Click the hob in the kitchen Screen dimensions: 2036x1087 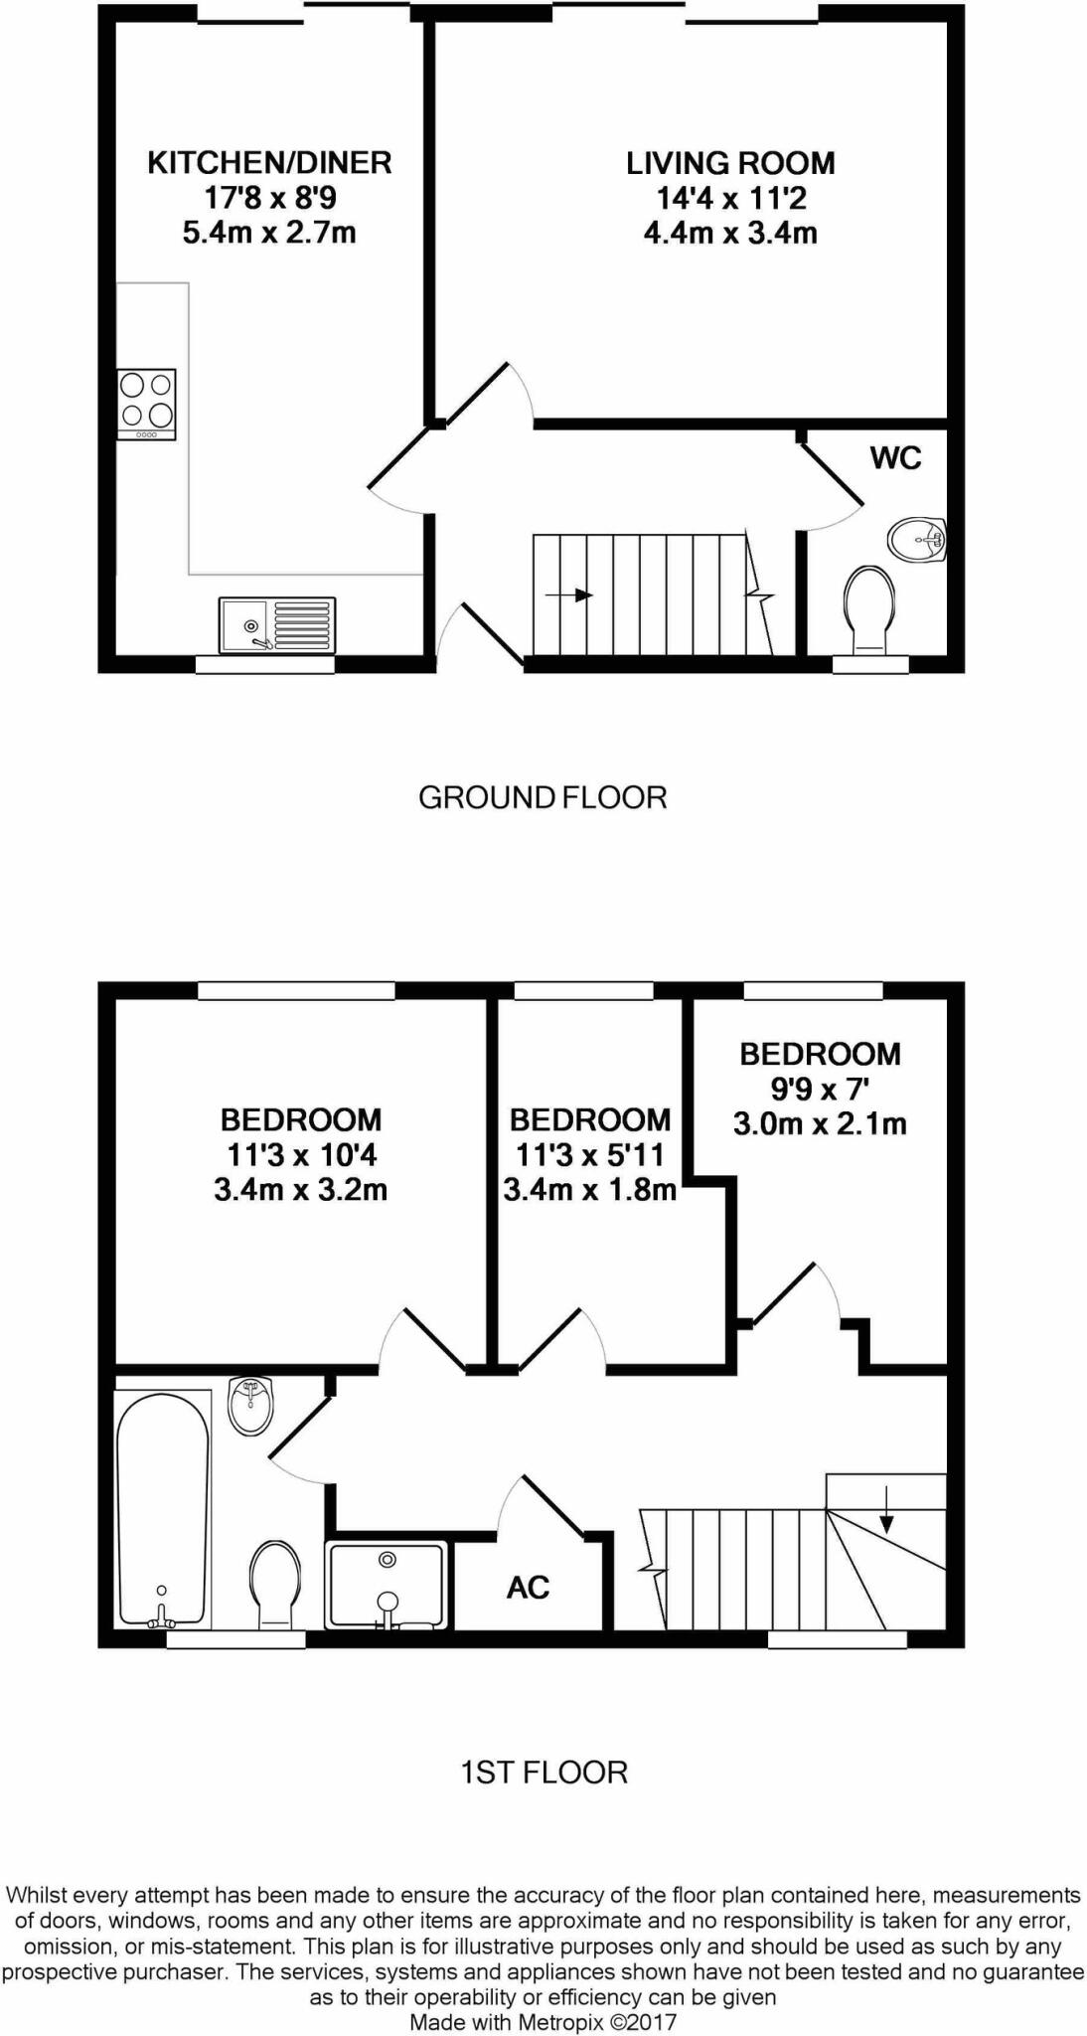(x=147, y=404)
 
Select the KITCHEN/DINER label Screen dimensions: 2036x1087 (x=269, y=162)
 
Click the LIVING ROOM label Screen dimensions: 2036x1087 (x=730, y=163)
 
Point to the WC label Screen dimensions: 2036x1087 (x=895, y=458)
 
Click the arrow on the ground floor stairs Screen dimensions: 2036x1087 (x=569, y=595)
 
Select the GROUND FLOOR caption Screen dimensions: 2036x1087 (x=543, y=797)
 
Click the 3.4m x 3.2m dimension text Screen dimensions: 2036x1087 (x=300, y=1189)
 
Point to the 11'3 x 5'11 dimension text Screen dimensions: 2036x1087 (x=590, y=1154)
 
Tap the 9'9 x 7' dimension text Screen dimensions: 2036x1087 (x=820, y=1089)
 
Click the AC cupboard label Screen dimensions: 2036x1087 (x=528, y=1587)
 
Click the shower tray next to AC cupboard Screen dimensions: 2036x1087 (x=388, y=1585)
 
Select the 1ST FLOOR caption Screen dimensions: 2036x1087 (x=543, y=1773)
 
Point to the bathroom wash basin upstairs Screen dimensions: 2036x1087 (x=252, y=1406)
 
